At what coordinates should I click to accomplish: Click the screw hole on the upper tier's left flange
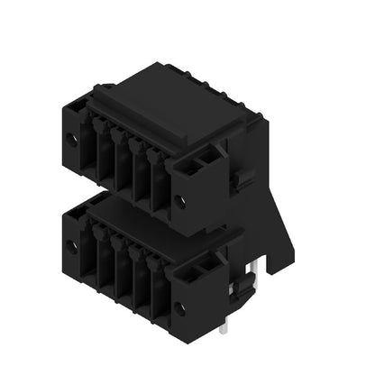click(72, 140)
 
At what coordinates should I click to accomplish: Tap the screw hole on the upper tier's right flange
click(179, 202)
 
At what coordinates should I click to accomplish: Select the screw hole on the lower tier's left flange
click(72, 245)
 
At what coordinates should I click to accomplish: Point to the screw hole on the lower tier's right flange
click(179, 308)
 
